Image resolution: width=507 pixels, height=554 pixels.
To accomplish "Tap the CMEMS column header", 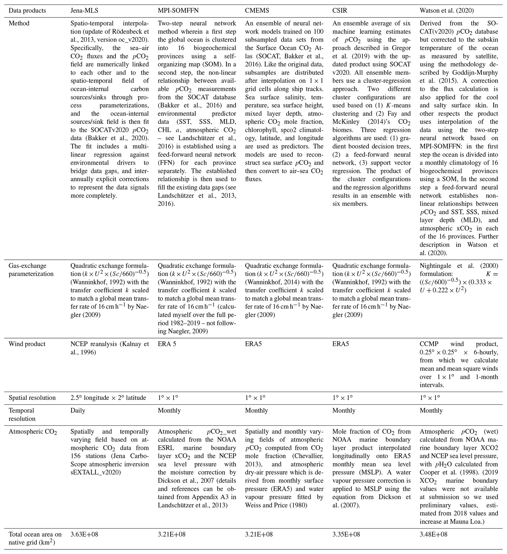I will (x=257, y=11).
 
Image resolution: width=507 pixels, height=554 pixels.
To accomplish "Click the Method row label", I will (x=19, y=23).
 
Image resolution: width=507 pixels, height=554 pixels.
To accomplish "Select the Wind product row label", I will (x=27, y=344).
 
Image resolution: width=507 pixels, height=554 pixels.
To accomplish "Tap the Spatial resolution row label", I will (x=32, y=398).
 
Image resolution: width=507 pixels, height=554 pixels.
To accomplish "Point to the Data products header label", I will (x=27, y=11).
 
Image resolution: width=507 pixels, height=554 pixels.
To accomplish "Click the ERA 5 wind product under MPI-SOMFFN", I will (x=167, y=344).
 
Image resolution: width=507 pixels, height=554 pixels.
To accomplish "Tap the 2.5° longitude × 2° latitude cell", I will (x=108, y=398).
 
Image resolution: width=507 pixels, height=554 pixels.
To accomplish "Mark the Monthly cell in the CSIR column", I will (x=344, y=410).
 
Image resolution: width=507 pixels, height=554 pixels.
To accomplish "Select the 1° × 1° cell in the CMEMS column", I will (x=255, y=398).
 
